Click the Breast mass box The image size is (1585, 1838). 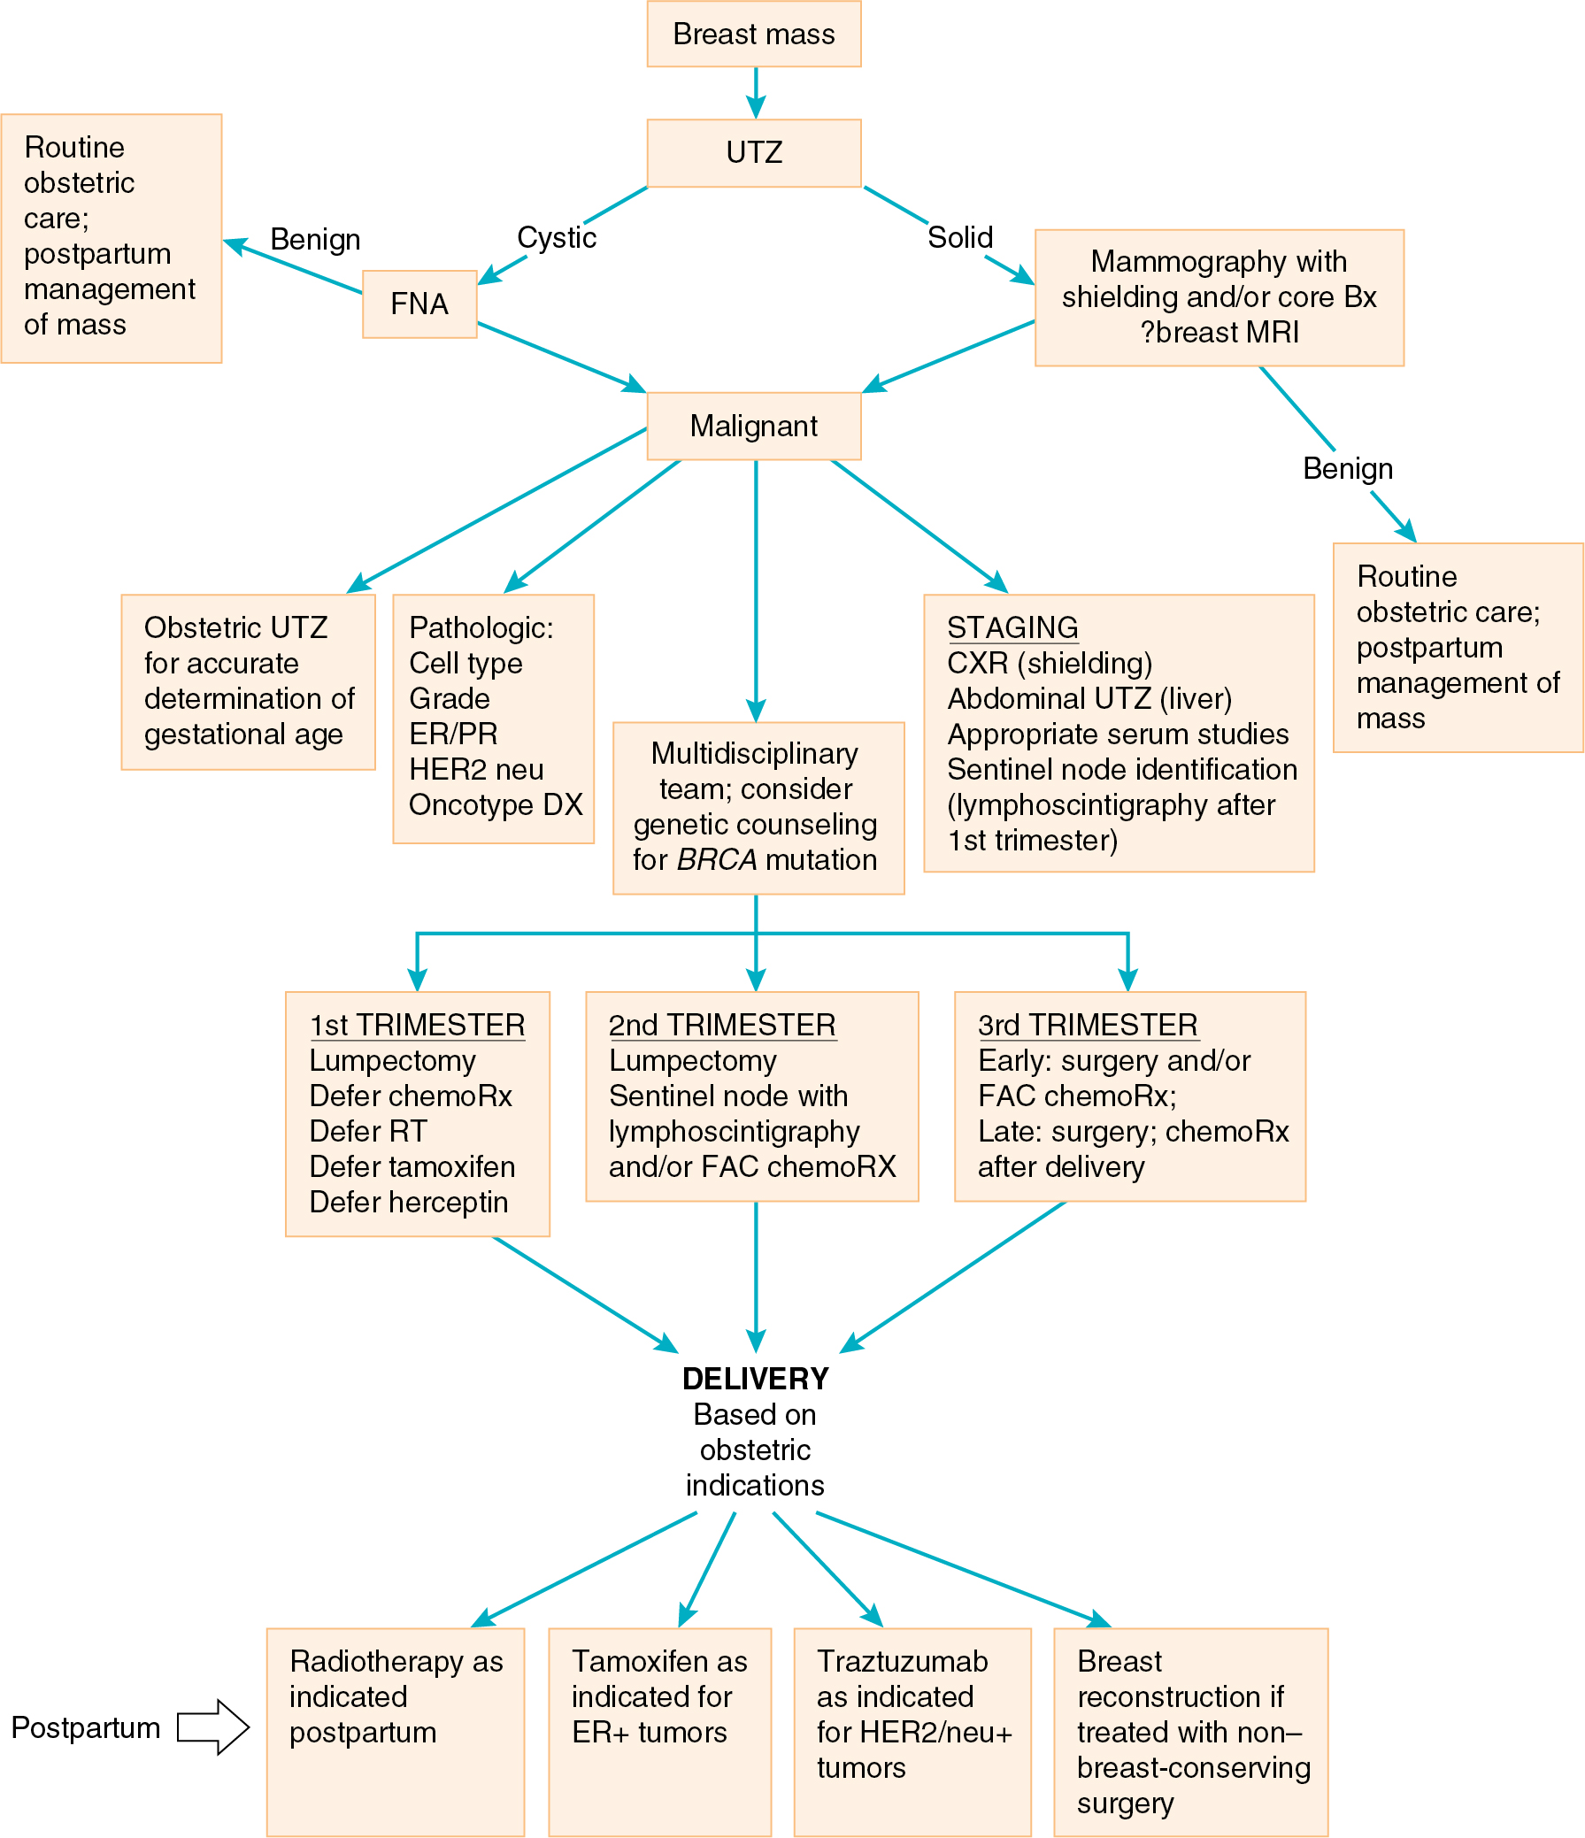click(x=754, y=34)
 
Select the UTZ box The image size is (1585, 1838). click(x=754, y=152)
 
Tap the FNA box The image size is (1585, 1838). click(x=419, y=304)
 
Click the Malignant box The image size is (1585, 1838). click(x=754, y=426)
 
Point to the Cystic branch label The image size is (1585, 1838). click(x=556, y=238)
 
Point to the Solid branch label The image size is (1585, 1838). click(x=959, y=238)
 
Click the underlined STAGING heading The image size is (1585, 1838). click(x=1012, y=628)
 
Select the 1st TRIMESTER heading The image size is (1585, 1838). click(x=417, y=1026)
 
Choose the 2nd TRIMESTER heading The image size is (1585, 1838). click(x=722, y=1026)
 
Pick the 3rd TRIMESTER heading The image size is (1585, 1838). click(x=1088, y=1026)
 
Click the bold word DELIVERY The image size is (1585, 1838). click(x=756, y=1379)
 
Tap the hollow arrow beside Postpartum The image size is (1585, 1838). click(x=214, y=1727)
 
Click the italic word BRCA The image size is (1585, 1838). click(x=717, y=859)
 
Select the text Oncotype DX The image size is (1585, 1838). click(x=496, y=805)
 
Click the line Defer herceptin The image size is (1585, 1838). click(x=409, y=1202)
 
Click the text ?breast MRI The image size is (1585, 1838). click(x=1220, y=332)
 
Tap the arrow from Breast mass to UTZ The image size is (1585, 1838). click(x=756, y=93)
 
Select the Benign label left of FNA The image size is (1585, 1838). click(x=315, y=240)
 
